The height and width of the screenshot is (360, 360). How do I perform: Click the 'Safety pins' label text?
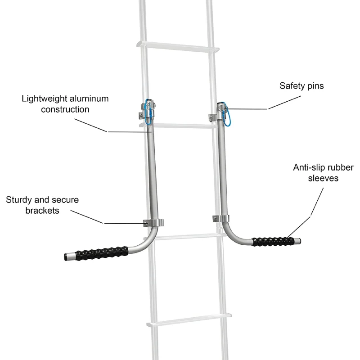point(301,86)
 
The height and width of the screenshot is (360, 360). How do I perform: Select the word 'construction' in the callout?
point(65,109)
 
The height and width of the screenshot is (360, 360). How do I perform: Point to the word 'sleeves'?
point(324,178)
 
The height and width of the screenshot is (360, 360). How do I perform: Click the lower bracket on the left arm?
point(153,223)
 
